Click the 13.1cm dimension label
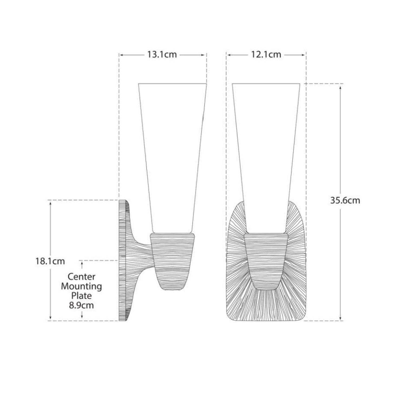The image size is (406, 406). coord(162,55)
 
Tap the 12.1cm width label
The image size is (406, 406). coord(266,55)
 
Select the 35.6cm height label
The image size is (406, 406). coord(345,201)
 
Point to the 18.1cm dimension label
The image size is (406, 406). coord(50,261)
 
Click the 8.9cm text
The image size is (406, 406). coord(81,305)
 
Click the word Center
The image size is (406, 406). coord(81,277)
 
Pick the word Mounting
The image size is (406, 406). coord(81,286)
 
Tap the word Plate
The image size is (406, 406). coord(81,296)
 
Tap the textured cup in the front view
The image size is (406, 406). coord(266,260)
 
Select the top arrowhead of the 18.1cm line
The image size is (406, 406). coord(50,202)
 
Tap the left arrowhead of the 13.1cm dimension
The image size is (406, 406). coord(121,55)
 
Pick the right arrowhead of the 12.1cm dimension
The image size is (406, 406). coord(304,55)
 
